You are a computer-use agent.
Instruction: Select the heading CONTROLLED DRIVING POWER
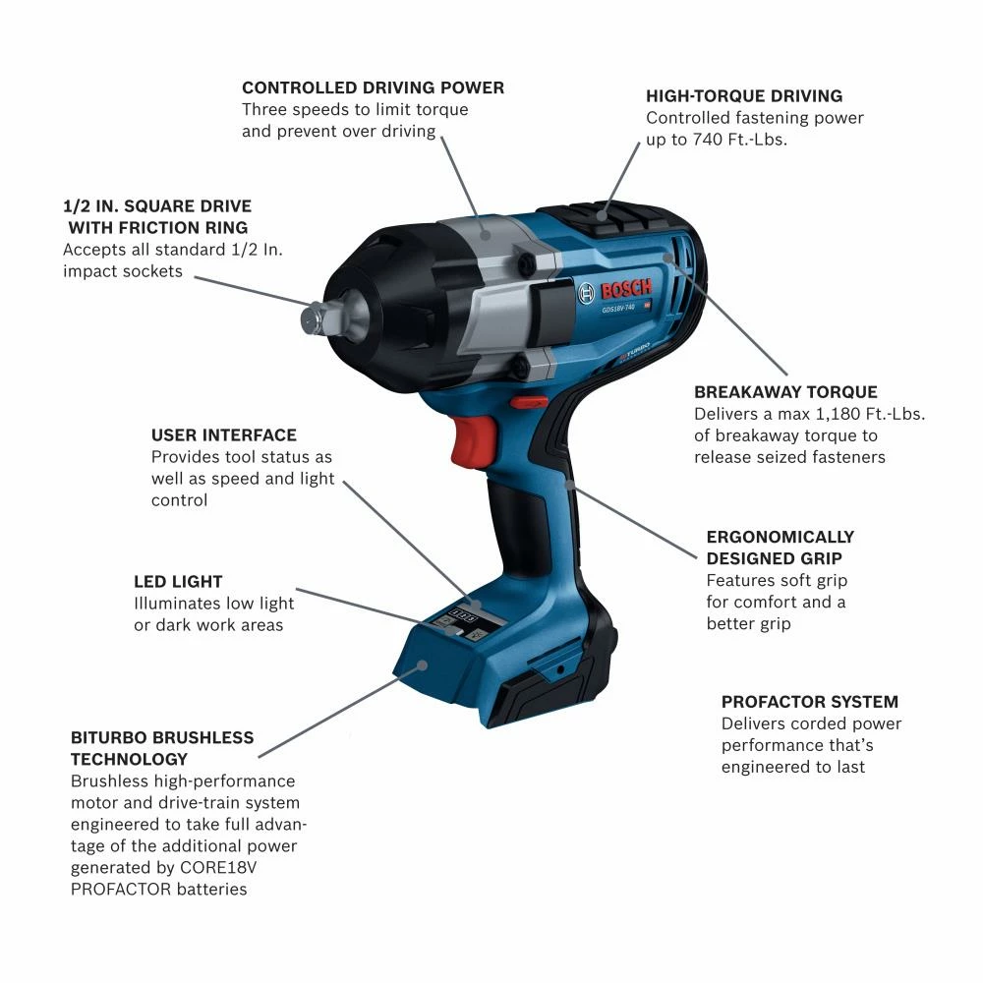(x=373, y=87)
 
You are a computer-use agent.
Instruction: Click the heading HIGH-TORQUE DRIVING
(x=744, y=96)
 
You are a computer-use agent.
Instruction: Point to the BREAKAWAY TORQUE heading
(x=785, y=392)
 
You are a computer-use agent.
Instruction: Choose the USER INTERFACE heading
(x=223, y=435)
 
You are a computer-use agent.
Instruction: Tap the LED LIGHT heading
(x=178, y=582)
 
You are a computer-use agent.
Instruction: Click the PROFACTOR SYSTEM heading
(x=810, y=702)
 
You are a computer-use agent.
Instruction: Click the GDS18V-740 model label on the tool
(x=618, y=308)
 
